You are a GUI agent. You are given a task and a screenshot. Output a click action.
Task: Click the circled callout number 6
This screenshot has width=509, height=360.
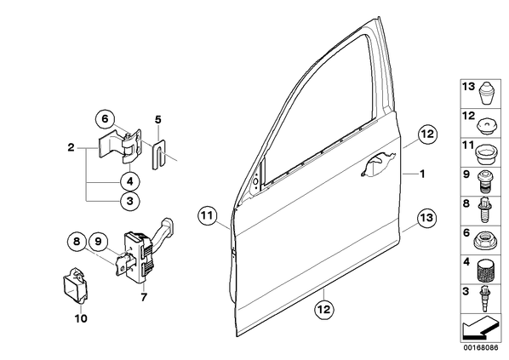[x=106, y=119]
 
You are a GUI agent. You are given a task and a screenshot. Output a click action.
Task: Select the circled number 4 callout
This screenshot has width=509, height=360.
[x=130, y=181]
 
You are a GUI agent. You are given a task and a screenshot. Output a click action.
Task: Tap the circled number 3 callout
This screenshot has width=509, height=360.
[x=130, y=201]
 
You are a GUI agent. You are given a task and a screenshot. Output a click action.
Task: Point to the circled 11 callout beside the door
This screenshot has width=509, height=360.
[x=208, y=215]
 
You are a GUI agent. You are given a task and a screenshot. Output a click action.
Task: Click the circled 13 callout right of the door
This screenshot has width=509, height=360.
[x=426, y=218]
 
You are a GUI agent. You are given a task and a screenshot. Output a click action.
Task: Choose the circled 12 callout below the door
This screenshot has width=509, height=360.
[x=324, y=309]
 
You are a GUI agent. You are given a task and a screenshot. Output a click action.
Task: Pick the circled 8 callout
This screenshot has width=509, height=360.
[x=77, y=242]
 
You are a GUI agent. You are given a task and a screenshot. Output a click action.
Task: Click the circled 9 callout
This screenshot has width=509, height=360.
[x=99, y=242]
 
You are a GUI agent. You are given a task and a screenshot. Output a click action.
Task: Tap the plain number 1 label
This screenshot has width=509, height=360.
[x=422, y=174]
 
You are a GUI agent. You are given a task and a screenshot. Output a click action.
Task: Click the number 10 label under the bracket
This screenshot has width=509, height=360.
[x=81, y=319]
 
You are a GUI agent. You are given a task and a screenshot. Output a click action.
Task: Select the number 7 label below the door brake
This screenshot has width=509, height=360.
[x=144, y=297]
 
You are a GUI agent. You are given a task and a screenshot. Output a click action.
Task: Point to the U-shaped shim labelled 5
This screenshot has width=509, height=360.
[x=158, y=154]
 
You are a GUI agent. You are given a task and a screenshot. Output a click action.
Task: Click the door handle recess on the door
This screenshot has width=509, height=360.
[x=378, y=164]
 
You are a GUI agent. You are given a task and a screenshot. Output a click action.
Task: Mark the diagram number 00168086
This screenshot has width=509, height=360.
[x=480, y=348]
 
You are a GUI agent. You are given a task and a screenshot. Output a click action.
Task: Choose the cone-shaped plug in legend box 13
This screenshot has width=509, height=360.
[x=486, y=93]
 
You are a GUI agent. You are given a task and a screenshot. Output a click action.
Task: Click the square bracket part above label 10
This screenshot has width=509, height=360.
[x=75, y=286]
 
